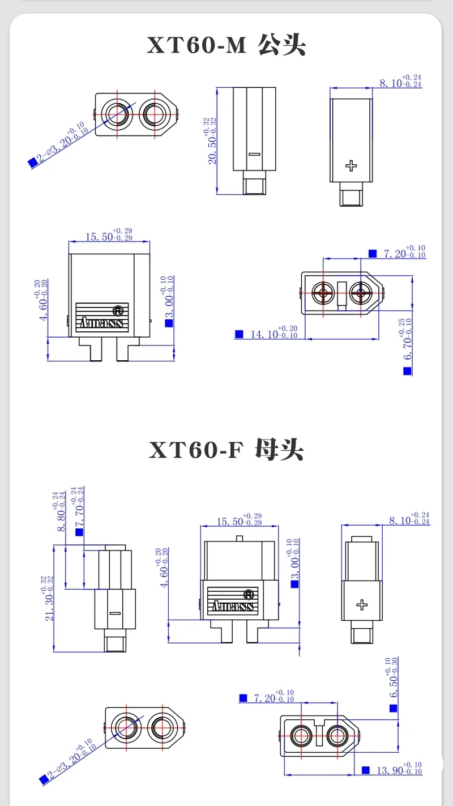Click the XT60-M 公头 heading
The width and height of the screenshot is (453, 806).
click(226, 46)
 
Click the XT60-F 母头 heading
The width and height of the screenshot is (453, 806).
click(226, 450)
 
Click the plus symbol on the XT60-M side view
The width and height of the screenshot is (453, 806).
click(352, 165)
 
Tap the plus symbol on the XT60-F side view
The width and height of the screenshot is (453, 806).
click(361, 605)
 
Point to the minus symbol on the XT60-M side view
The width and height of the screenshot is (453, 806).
click(254, 154)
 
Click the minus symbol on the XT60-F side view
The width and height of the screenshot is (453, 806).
click(116, 613)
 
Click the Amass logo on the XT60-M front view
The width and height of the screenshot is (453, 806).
click(102, 323)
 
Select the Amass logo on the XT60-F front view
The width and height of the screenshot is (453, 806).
click(233, 607)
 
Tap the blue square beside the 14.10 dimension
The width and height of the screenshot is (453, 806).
click(239, 334)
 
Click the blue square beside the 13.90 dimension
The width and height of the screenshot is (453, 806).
click(365, 770)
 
